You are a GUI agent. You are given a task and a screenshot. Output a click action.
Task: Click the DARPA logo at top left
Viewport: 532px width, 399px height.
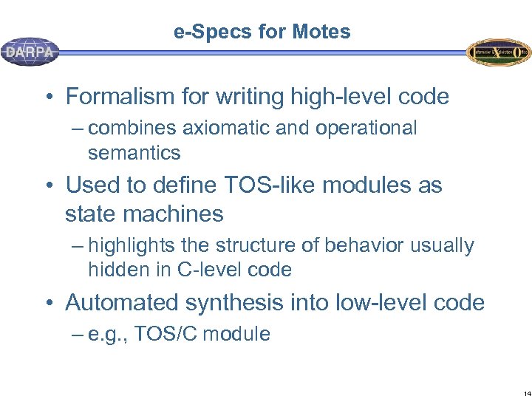tap(30, 52)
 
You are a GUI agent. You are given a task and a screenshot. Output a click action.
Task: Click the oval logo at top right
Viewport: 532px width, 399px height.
tap(499, 52)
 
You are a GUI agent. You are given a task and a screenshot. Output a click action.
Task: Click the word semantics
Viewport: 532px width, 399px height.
tap(134, 153)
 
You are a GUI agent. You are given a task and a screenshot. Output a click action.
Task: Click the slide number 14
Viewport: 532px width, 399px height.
tap(526, 393)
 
